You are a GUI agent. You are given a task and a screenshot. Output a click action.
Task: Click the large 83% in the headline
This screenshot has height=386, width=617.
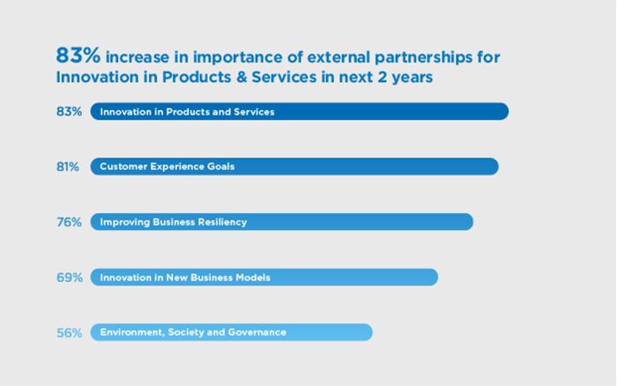pos(78,56)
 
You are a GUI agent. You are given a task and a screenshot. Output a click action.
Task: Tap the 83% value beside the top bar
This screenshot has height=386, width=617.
pos(70,112)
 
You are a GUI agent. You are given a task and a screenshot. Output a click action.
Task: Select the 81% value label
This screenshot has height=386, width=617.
pos(68,167)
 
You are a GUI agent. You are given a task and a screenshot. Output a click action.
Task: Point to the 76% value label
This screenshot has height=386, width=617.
pos(70,222)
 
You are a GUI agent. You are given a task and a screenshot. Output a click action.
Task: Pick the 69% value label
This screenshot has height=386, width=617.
pos(70,278)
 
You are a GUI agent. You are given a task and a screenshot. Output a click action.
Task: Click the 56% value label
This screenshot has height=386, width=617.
pos(70,333)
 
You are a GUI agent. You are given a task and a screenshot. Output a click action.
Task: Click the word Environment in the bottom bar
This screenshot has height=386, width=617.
pos(132,333)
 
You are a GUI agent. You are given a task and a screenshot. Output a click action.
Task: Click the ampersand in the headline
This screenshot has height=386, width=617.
pos(242,78)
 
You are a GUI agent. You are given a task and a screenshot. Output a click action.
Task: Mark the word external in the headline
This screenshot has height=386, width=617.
pos(338,57)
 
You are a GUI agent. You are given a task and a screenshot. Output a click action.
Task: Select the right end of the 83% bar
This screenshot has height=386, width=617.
pos(509,112)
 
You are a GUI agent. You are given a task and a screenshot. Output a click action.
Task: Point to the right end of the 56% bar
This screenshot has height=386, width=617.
pos(372,332)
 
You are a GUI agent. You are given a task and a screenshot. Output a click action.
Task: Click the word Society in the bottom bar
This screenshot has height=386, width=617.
pos(185,333)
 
